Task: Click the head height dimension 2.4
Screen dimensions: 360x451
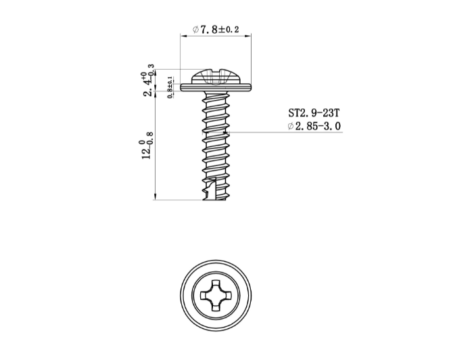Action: click(x=147, y=81)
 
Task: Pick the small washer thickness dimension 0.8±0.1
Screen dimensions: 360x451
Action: click(x=169, y=88)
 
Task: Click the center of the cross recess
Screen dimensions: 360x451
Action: click(x=216, y=296)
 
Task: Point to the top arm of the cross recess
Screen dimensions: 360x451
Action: click(x=216, y=285)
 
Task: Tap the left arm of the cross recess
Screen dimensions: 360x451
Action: click(x=205, y=296)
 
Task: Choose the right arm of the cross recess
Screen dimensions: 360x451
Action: click(x=228, y=296)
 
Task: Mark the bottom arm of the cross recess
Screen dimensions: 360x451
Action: click(x=216, y=307)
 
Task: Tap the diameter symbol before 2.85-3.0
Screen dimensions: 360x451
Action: click(x=290, y=127)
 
